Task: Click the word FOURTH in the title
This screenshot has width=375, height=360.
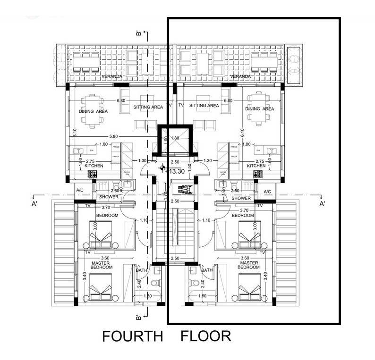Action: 132,336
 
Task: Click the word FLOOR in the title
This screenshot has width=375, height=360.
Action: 206,336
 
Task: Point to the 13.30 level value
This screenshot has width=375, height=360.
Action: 176,172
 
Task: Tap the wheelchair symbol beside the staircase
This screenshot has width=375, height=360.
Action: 183,190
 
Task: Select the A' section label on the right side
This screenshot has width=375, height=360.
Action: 323,204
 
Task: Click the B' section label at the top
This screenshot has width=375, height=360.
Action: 138,33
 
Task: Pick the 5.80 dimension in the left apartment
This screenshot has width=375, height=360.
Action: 113,137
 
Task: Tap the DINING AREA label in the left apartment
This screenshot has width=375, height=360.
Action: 93,111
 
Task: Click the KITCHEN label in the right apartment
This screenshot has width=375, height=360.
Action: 256,166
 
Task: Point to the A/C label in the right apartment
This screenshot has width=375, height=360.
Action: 267,192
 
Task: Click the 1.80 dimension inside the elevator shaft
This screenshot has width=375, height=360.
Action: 174,138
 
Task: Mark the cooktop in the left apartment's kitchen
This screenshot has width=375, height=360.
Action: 92,174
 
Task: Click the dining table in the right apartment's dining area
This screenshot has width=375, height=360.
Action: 259,109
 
